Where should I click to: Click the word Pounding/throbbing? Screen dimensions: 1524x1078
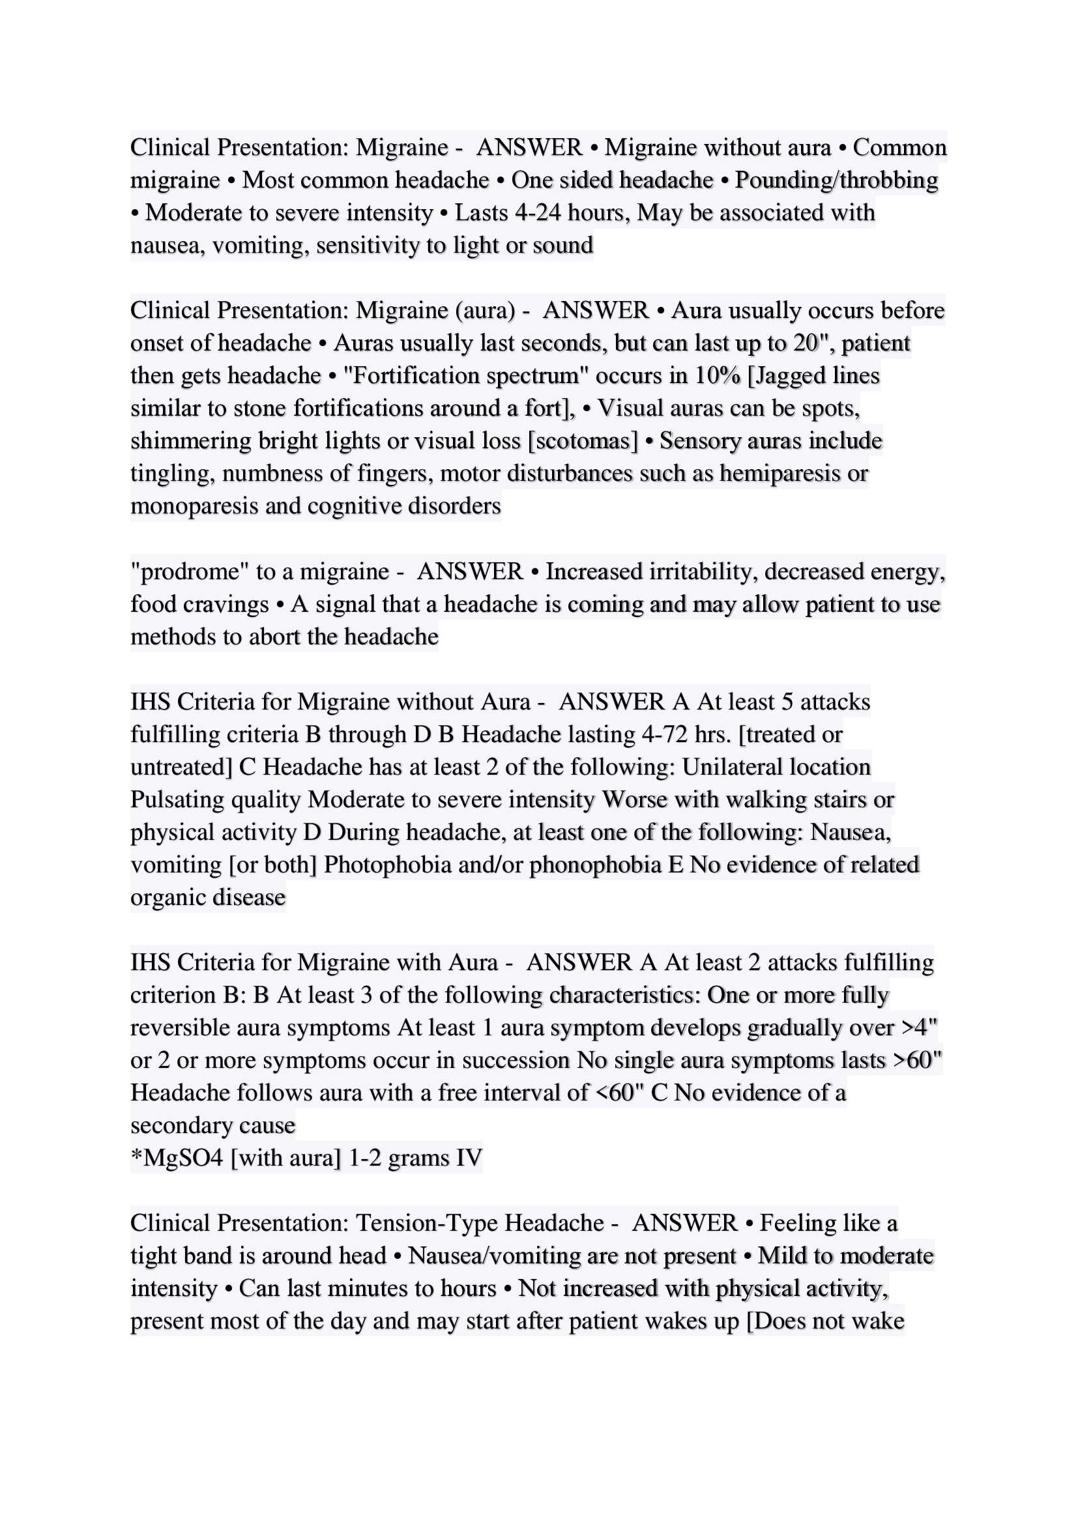pos(836,180)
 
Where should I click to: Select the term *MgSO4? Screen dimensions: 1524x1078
pos(177,1158)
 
